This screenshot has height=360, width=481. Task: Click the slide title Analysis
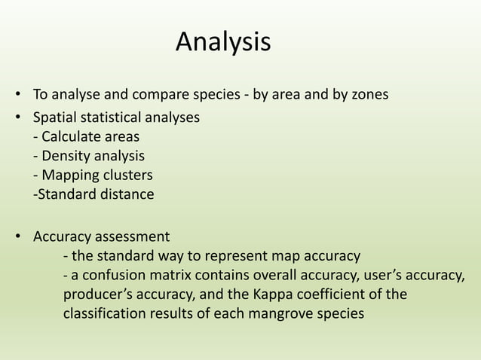click(223, 42)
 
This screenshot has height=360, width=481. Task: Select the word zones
click(369, 96)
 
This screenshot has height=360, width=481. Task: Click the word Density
click(66, 157)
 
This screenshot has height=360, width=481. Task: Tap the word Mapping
click(70, 175)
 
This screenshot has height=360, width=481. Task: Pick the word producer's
click(95, 294)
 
